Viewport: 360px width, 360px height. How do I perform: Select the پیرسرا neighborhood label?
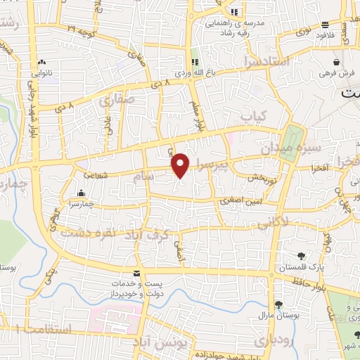pyautogui.click(x=212, y=166)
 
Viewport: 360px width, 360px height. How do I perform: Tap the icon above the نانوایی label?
pyautogui.click(x=42, y=62)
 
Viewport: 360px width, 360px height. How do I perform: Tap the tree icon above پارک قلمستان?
pyautogui.click(x=301, y=256)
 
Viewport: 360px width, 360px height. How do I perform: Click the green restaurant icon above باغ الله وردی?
pyautogui.click(x=195, y=60)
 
